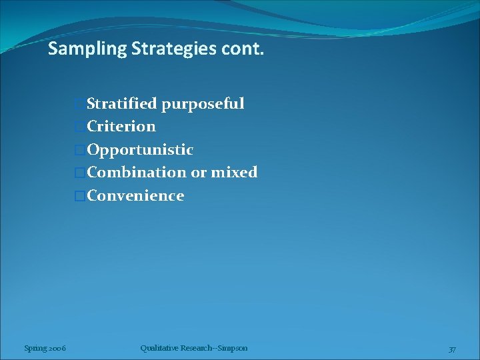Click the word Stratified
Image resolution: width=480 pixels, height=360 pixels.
point(122,103)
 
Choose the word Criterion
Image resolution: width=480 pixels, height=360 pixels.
point(121,126)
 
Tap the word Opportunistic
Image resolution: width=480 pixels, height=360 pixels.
point(140,149)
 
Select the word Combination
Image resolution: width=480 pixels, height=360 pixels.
point(137,172)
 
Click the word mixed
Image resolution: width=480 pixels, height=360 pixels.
point(234,172)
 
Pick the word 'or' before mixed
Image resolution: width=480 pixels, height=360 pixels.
point(199,173)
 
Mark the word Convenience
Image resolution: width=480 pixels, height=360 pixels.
point(135,195)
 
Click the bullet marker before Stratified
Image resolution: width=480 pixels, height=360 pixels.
point(81,104)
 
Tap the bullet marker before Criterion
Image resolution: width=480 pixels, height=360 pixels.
point(81,127)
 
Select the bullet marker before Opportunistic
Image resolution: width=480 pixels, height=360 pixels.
point(81,150)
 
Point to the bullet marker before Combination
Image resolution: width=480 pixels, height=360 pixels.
point(81,173)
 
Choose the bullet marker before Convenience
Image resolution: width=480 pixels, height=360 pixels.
point(81,196)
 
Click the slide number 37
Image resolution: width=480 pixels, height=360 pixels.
point(452,349)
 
